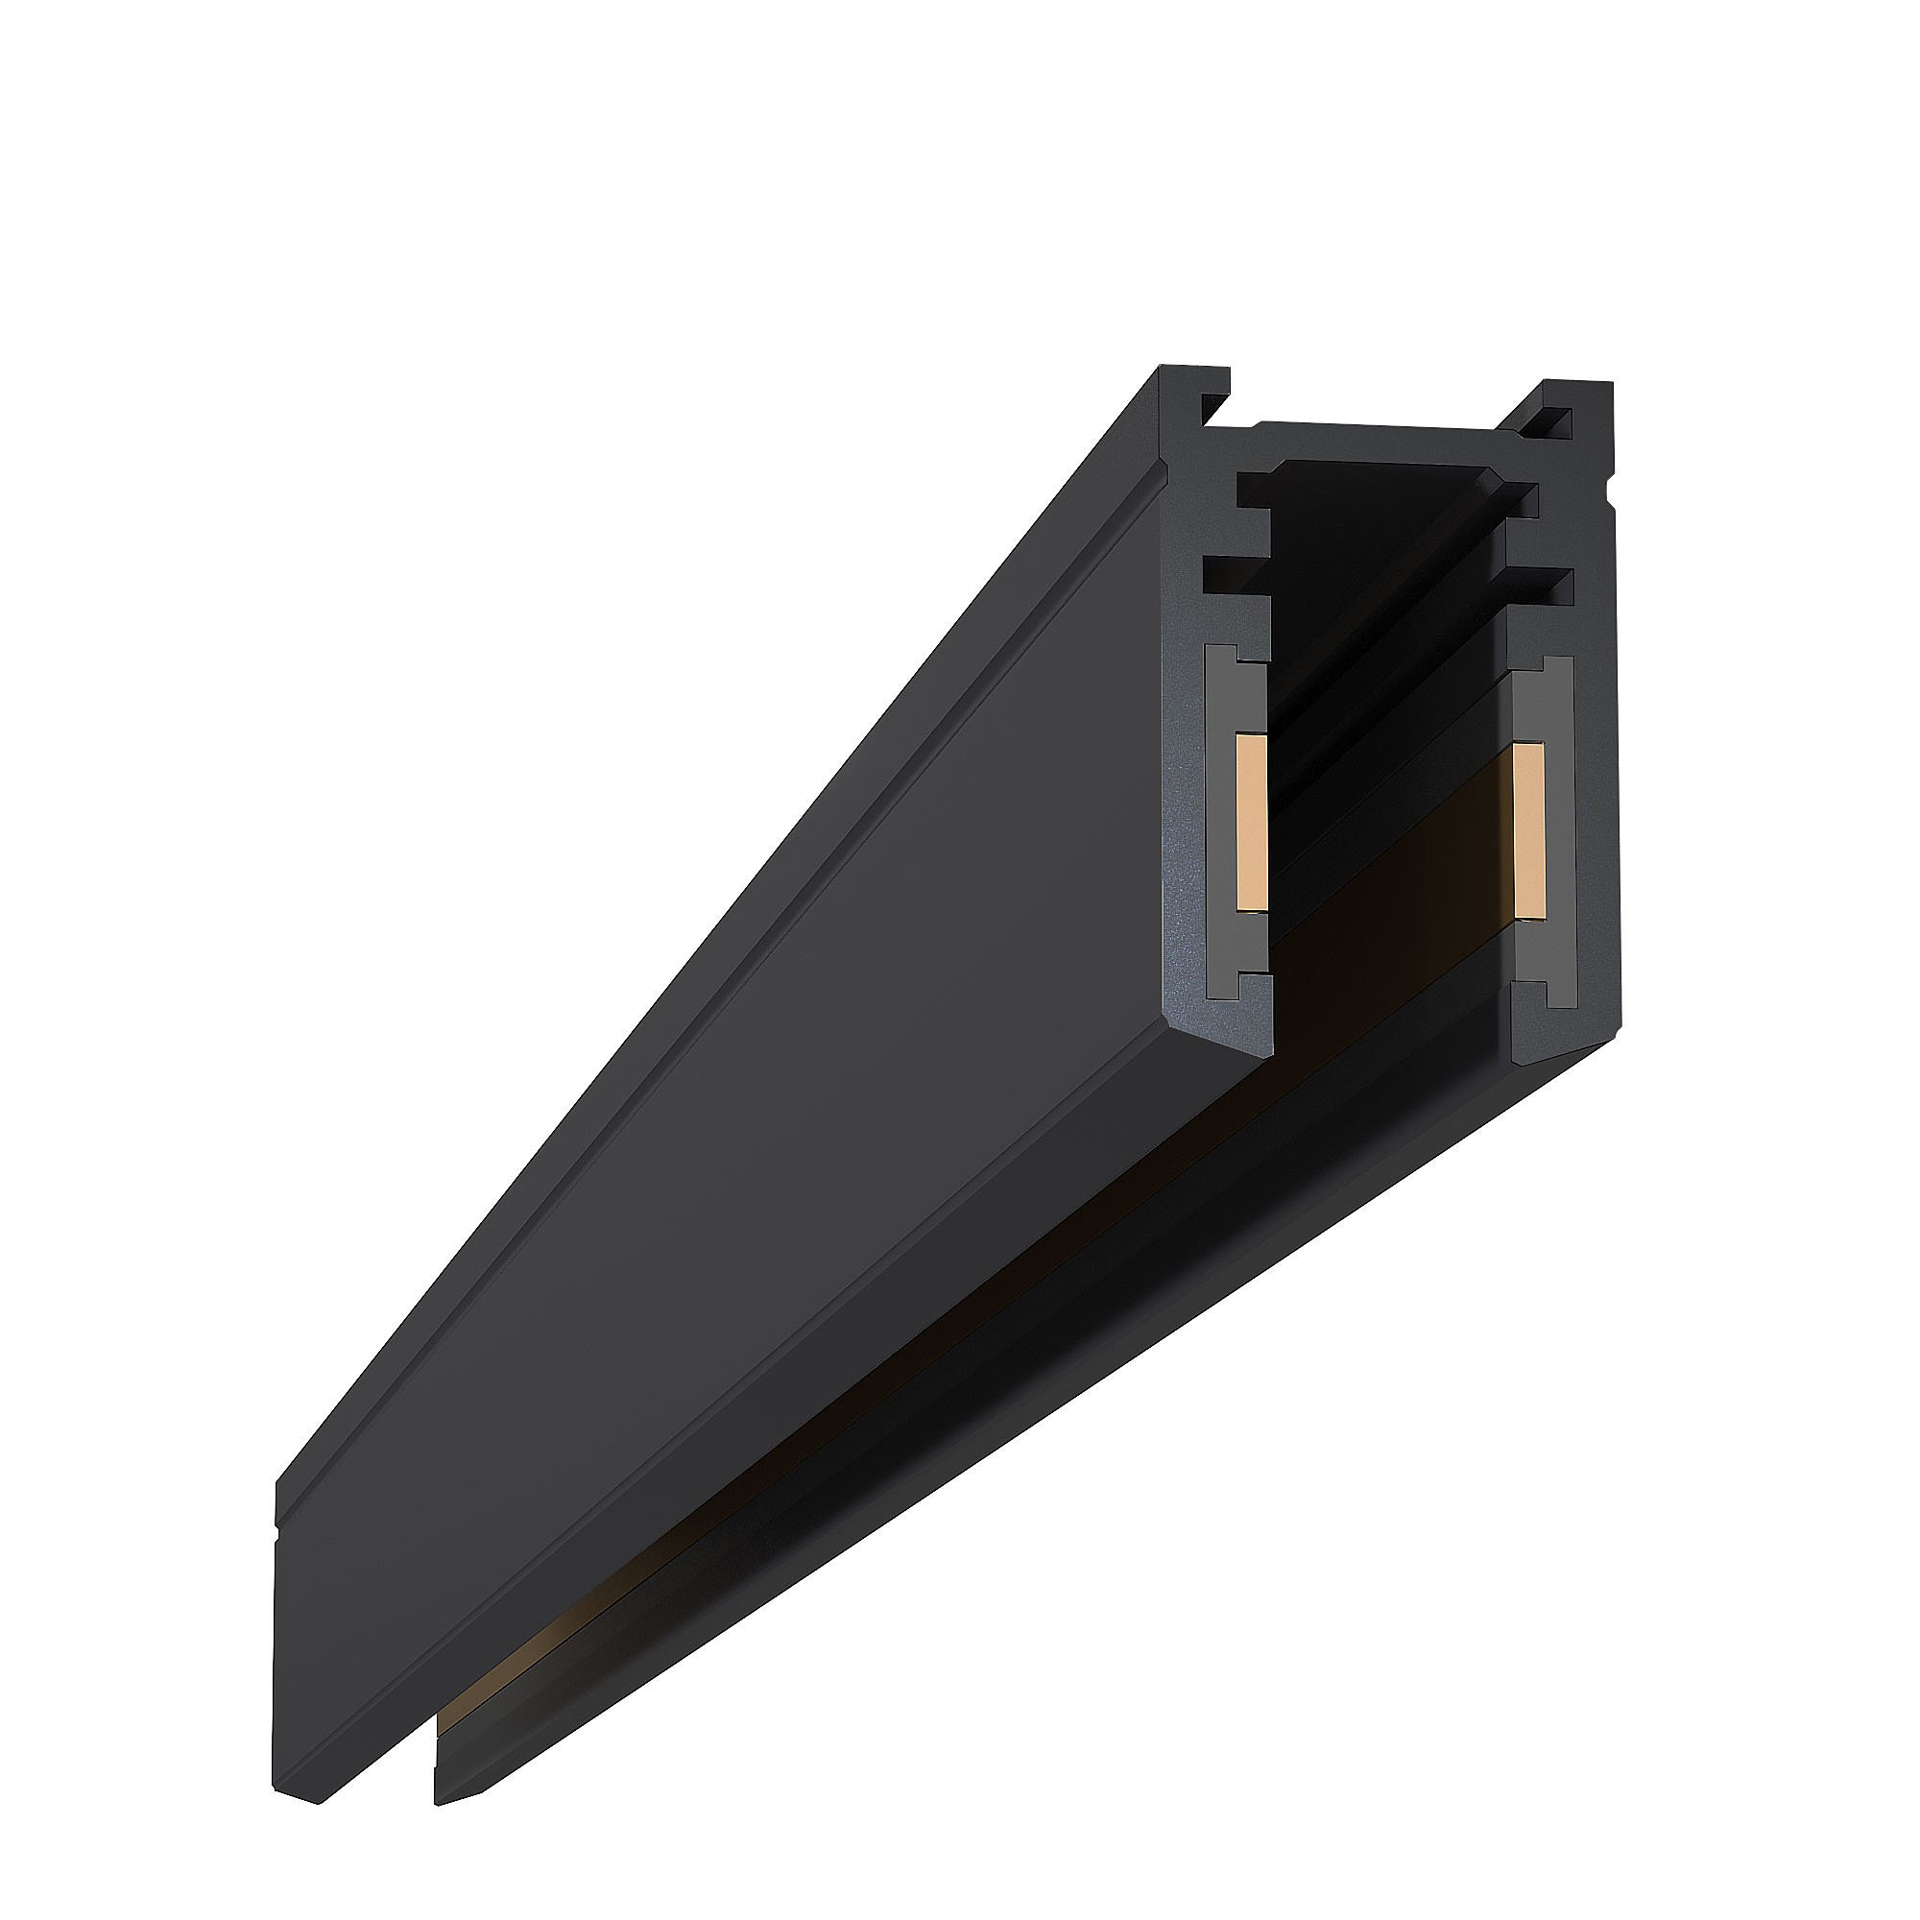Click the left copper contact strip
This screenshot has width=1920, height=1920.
pyautogui.click(x=1249, y=821)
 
